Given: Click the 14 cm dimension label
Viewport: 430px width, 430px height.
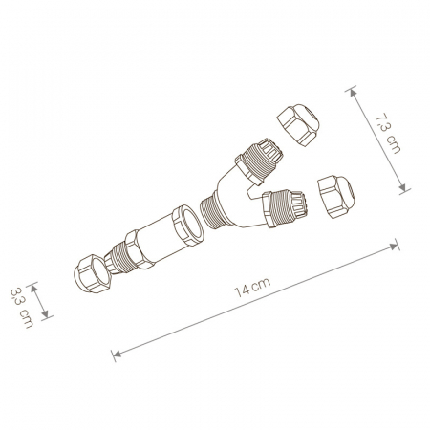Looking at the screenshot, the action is click(x=252, y=288).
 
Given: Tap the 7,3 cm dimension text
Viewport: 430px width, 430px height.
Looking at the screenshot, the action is click(x=389, y=134).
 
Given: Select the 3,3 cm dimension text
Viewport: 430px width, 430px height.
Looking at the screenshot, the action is click(x=22, y=308).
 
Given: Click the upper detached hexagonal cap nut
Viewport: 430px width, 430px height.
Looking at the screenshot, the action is click(x=298, y=124).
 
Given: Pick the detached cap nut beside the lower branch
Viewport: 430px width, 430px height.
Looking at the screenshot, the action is click(x=335, y=196).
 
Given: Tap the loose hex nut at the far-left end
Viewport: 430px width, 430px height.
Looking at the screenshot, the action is click(x=93, y=273).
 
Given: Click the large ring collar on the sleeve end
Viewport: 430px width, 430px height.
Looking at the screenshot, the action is click(x=188, y=226).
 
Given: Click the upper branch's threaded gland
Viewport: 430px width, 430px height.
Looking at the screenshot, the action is click(x=260, y=161).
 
